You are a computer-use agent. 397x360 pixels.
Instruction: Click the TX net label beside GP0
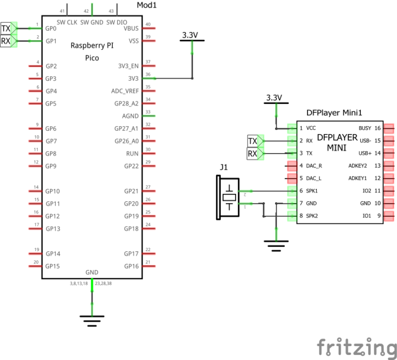pos(6,28)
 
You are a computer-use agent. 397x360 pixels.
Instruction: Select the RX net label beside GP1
pos(6,41)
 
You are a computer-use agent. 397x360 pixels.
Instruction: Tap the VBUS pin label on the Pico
pos(131,28)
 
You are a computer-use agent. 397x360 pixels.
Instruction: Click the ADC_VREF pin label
pos(125,91)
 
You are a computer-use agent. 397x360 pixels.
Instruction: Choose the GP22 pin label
pos(131,166)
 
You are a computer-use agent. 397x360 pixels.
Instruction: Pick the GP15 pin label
pos(53,266)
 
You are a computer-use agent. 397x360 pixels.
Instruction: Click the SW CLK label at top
pos(67,22)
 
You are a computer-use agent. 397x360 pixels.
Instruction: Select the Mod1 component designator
pos(147,6)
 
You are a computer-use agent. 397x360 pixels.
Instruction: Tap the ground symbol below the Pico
pos(92,321)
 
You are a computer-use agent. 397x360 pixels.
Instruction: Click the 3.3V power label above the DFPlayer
pos(274,98)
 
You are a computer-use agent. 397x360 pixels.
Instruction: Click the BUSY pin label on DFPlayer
pos(364,128)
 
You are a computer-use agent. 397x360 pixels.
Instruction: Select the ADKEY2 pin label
pos(357,166)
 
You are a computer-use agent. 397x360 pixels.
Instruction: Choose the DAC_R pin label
pos(315,166)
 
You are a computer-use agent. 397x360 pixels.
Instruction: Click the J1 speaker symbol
pos(228,197)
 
